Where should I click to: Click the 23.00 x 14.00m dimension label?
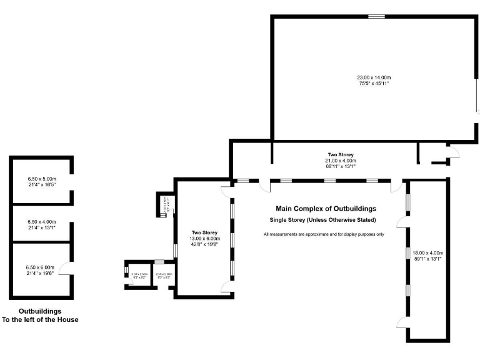pyautogui.click(x=372, y=77)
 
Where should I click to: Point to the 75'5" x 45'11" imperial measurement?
pyautogui.click(x=372, y=83)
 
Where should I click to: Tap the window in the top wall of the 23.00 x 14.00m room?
pyautogui.click(x=376, y=17)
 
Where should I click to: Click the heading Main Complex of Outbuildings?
pyautogui.click(x=326, y=209)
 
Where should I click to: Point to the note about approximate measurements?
pyautogui.click(x=324, y=234)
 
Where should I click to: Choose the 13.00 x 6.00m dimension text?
pyautogui.click(x=204, y=238)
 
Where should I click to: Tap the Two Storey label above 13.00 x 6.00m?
pyautogui.click(x=204, y=232)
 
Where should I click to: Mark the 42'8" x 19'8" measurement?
pyautogui.click(x=204, y=244)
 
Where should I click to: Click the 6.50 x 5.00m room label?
pyautogui.click(x=42, y=179)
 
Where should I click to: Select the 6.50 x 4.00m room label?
pyautogui.click(x=42, y=222)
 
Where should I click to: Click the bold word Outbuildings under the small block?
pyautogui.click(x=40, y=311)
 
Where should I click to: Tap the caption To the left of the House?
pyautogui.click(x=40, y=319)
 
